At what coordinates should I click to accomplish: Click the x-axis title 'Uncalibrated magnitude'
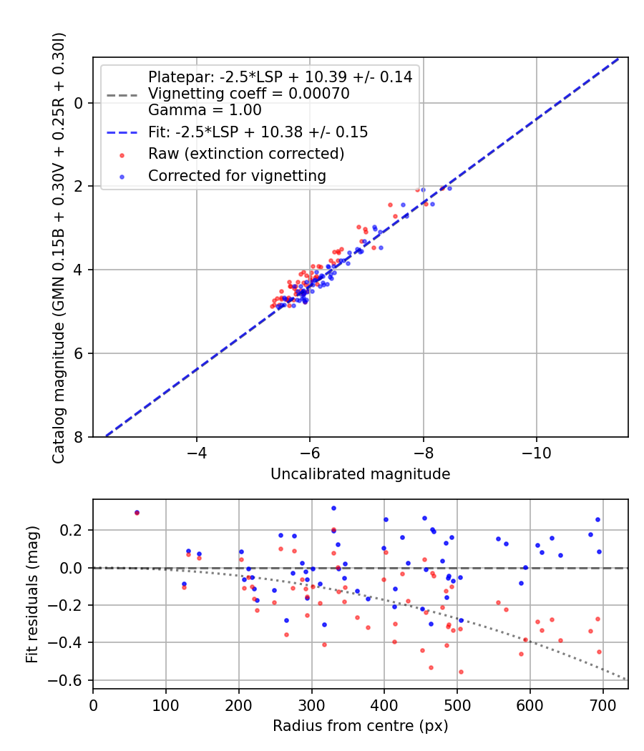tap(360, 473)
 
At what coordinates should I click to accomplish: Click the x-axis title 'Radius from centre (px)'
tap(360, 725)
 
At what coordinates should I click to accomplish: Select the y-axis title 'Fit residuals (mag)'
tap(32, 594)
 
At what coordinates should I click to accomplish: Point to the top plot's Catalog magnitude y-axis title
tap(59, 247)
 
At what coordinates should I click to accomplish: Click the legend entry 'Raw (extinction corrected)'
tap(246, 154)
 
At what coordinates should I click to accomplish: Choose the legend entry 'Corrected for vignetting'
tap(237, 175)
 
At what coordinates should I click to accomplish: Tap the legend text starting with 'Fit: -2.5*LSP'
tap(258, 132)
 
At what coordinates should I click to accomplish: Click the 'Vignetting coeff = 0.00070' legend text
tap(248, 94)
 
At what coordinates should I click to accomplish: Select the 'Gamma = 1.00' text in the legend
tap(205, 110)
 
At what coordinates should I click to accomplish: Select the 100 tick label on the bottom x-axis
tap(166, 704)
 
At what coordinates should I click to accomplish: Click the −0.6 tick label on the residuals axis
tap(69, 680)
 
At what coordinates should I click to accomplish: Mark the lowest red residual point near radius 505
tap(461, 672)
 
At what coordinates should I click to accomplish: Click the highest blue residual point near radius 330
tap(333, 508)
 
